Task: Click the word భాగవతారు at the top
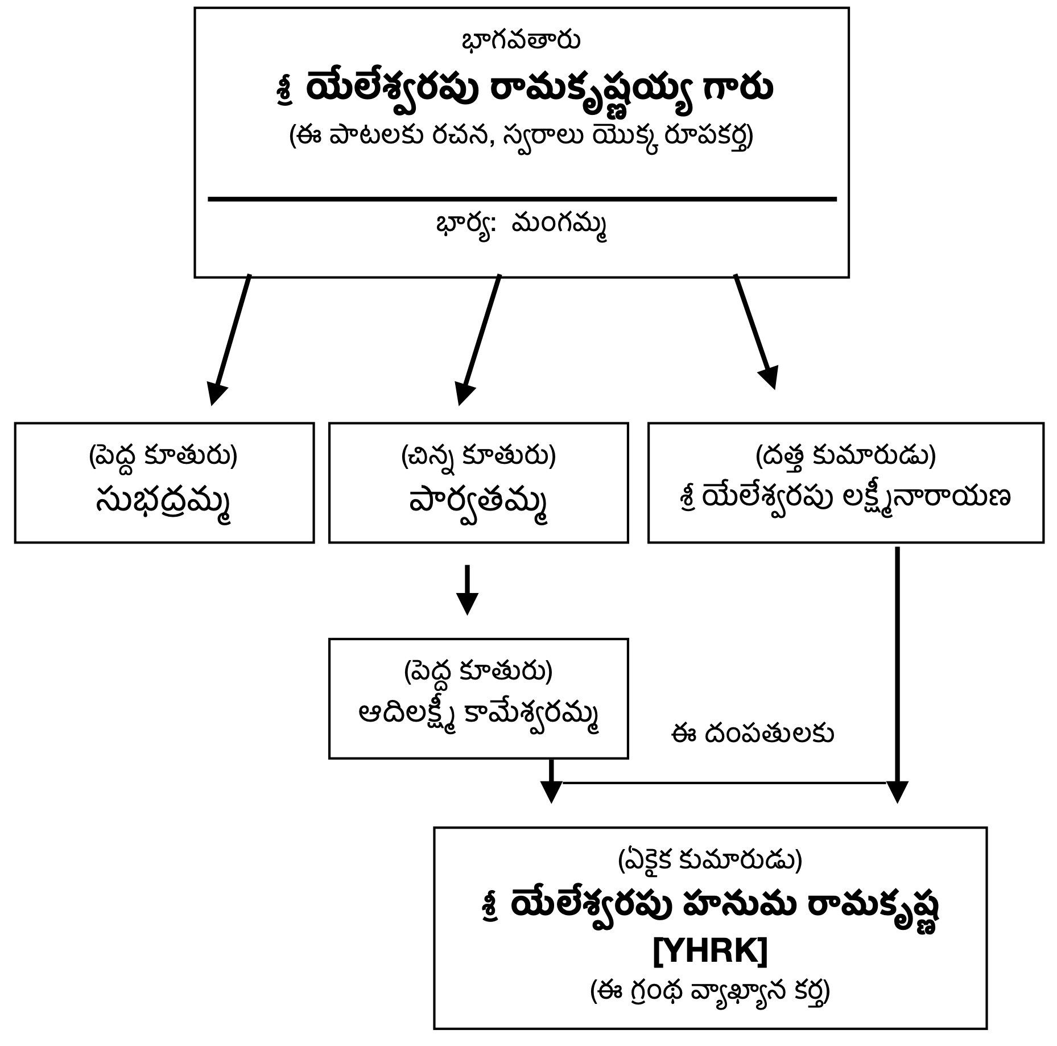[x=521, y=41]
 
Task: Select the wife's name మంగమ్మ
[x=559, y=225]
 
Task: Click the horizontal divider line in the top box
[x=522, y=199]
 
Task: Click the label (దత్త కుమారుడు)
[x=845, y=456]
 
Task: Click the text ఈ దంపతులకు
[x=752, y=734]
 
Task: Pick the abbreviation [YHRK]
[x=710, y=951]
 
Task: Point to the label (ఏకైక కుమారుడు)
[x=710, y=860]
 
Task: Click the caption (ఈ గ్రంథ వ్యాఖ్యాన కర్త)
[x=710, y=991]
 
